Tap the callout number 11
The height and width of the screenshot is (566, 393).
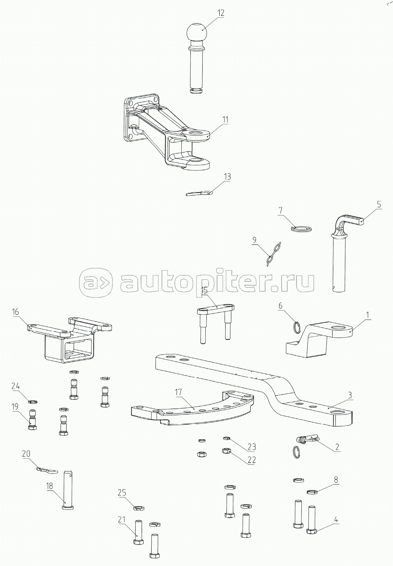[226, 119]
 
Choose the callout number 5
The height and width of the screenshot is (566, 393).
[379, 205]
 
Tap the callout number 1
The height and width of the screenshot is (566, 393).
[368, 315]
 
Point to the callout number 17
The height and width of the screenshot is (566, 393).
[178, 392]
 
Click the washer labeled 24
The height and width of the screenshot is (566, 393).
[33, 402]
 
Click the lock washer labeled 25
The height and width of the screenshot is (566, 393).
[138, 508]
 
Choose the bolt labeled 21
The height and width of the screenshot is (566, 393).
[138, 531]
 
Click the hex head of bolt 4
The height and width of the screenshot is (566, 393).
[311, 531]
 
